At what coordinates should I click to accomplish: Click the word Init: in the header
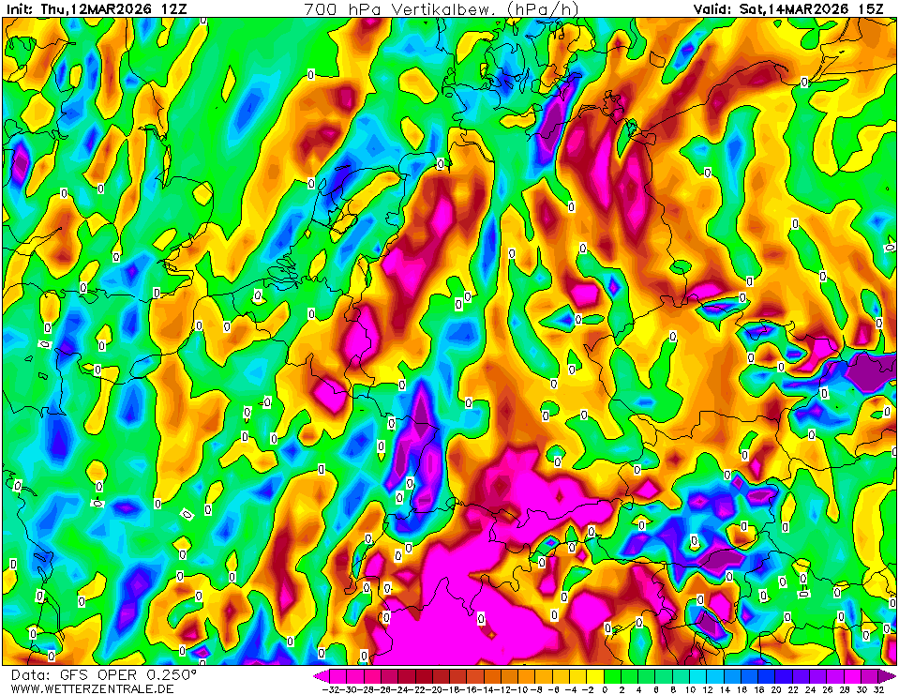click(x=19, y=8)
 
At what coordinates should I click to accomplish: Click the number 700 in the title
click(x=321, y=8)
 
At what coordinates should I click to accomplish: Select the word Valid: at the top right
click(x=712, y=8)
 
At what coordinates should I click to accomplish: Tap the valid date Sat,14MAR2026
click(x=792, y=8)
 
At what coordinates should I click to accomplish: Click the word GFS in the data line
click(x=72, y=675)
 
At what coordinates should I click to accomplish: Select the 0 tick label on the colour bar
click(x=605, y=689)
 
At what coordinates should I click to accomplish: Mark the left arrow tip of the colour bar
click(x=317, y=674)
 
